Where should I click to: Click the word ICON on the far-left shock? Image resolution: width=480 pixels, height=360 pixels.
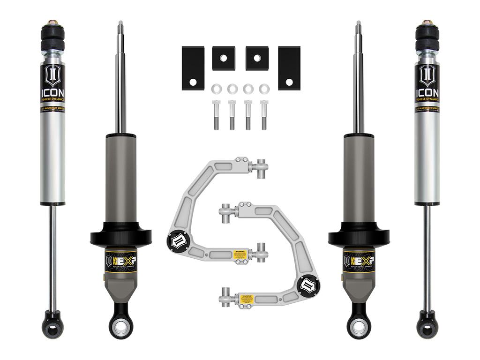[52, 92]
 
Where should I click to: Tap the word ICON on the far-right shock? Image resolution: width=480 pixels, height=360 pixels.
[427, 92]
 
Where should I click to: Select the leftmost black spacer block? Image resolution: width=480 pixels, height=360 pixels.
[192, 68]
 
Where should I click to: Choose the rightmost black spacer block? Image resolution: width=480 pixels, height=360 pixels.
[289, 68]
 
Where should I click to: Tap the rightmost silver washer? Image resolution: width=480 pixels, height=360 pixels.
[264, 88]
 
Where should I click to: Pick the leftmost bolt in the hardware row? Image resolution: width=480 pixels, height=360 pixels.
[216, 115]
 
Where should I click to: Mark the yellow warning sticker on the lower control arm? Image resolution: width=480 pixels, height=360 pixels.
[245, 298]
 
